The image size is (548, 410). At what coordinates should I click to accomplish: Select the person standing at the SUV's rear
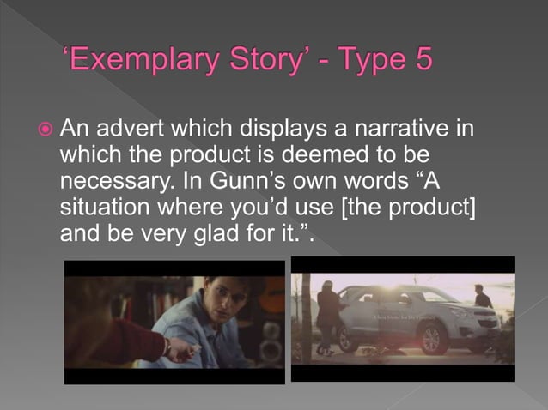coord(327,317)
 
